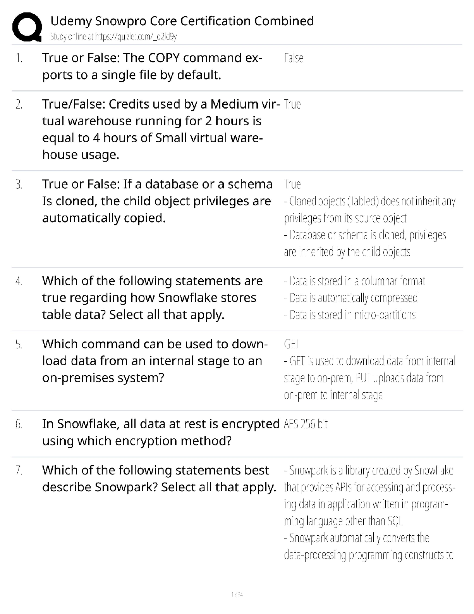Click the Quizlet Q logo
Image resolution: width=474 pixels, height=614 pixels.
pyautogui.click(x=27, y=27)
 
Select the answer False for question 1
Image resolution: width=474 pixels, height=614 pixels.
pyautogui.click(x=294, y=58)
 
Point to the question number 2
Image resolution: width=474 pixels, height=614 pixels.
pyautogui.click(x=19, y=104)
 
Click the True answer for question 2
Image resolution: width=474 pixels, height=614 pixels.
pyautogui.click(x=292, y=104)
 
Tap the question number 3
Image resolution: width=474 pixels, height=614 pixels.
pyautogui.click(x=19, y=184)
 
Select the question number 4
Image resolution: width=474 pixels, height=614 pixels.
pyautogui.click(x=19, y=281)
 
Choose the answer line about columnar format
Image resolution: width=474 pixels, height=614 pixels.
pyautogui.click(x=354, y=281)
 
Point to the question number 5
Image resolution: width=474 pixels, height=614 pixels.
pyautogui.click(x=19, y=344)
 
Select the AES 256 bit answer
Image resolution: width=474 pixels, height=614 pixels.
pyautogui.click(x=306, y=424)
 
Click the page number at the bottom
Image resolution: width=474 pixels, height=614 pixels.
pyautogui.click(x=237, y=594)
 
